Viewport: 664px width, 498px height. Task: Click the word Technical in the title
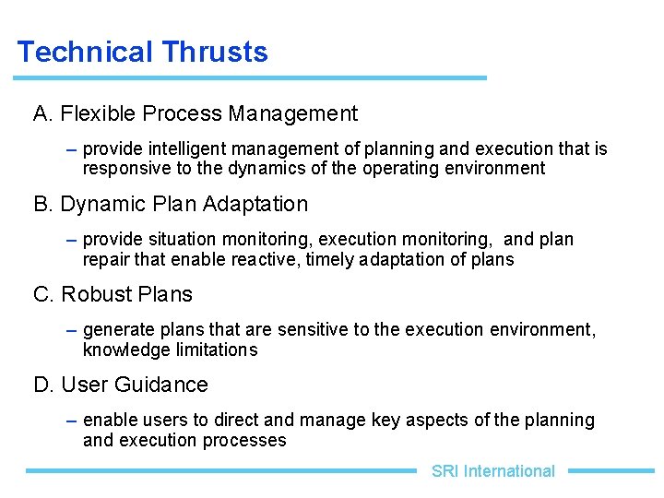pyautogui.click(x=84, y=52)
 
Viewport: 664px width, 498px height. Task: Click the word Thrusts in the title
pyautogui.click(x=214, y=52)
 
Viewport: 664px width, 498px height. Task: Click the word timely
pyautogui.click(x=332, y=260)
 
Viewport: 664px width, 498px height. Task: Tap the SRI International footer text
pyautogui.click(x=492, y=471)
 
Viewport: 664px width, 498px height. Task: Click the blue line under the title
pyautogui.click(x=249, y=77)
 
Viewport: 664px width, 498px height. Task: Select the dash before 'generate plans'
pyautogui.click(x=72, y=330)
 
